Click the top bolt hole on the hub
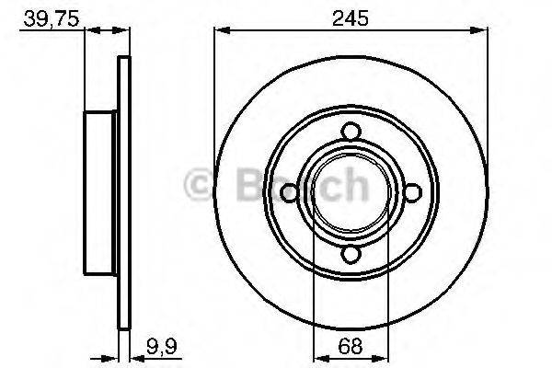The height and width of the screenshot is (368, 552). (351, 131)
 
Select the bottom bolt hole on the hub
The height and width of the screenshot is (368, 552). (351, 255)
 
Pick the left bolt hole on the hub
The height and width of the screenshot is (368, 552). (288, 192)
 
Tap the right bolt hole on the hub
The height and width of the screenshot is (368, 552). (412, 192)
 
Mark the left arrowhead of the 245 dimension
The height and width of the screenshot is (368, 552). (219, 29)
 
